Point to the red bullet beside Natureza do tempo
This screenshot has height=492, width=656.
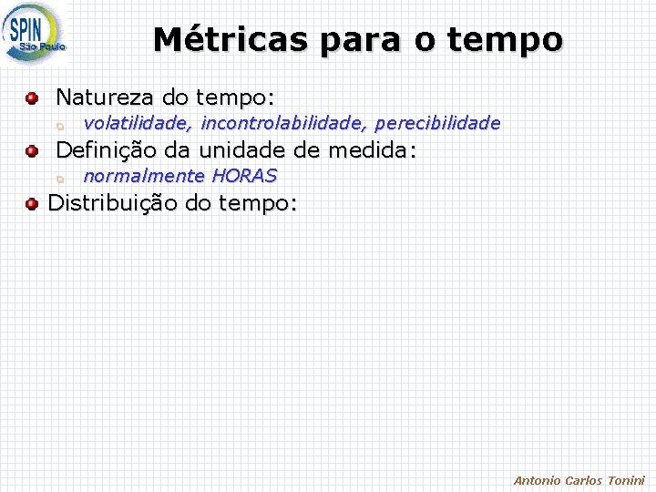32,97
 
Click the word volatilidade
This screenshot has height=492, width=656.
138,122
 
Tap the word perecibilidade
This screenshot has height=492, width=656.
437,122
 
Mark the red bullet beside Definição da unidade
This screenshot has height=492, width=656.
32,150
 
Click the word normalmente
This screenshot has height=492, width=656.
144,175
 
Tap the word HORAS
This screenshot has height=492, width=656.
244,175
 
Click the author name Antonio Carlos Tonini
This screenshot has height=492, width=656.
579,480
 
